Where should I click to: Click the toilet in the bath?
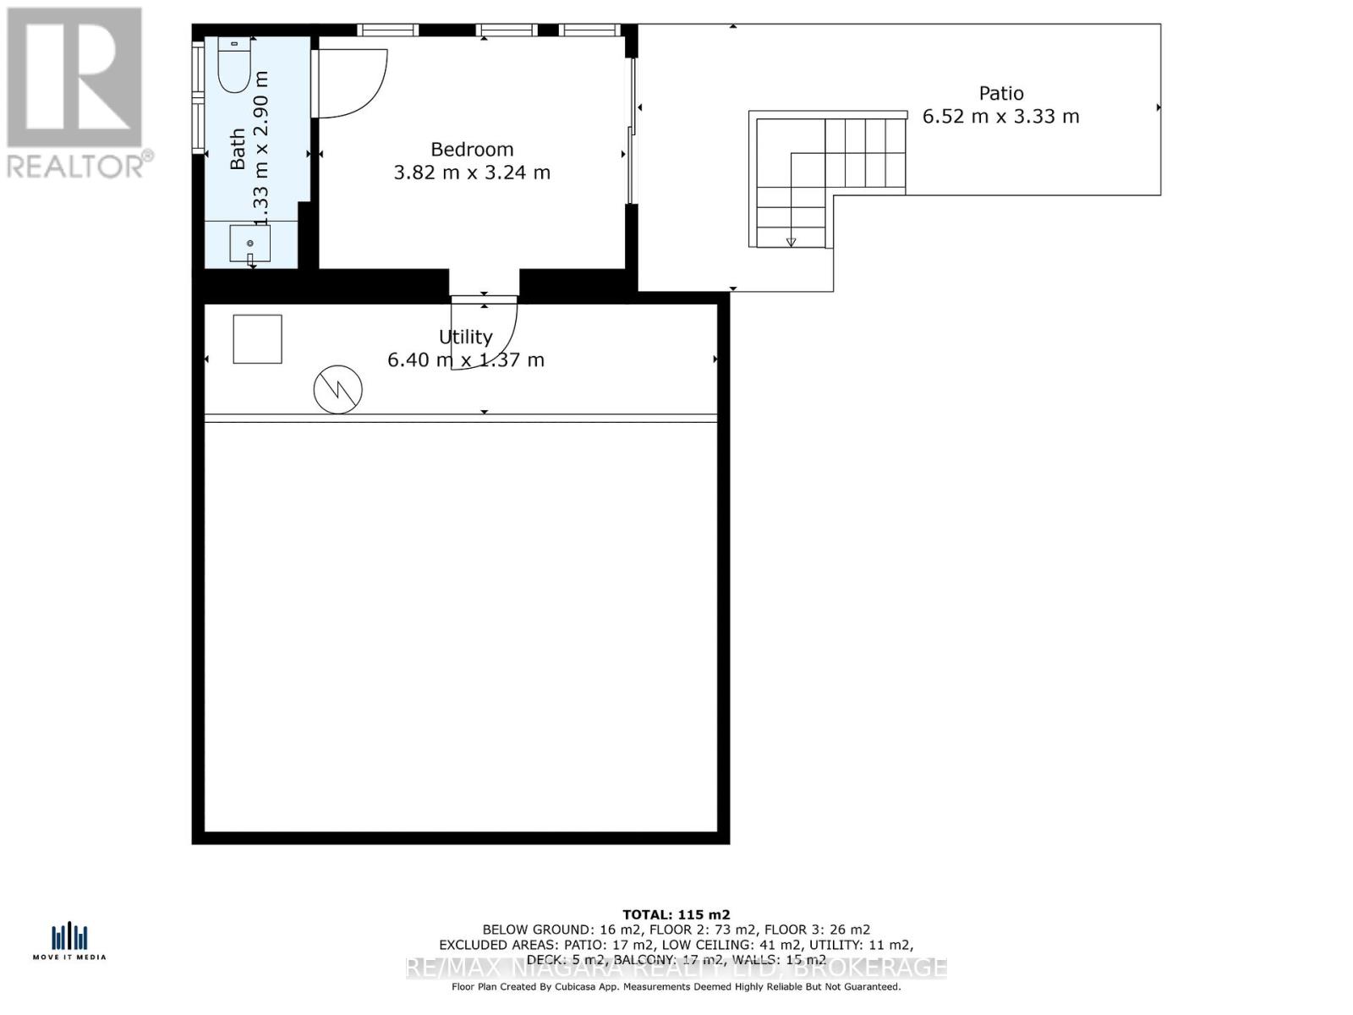click(x=234, y=65)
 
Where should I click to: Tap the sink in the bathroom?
click(x=250, y=244)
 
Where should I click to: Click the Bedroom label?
click(x=472, y=150)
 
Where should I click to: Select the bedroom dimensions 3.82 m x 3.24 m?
click(x=472, y=173)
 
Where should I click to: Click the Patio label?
click(x=1001, y=94)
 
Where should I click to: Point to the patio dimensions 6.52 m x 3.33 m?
click(x=1000, y=117)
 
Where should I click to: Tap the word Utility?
click(x=465, y=337)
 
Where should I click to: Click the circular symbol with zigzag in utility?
click(x=338, y=390)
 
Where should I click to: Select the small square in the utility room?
click(x=257, y=339)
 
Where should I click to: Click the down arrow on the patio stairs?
click(x=791, y=242)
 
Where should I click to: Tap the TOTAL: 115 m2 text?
click(x=676, y=914)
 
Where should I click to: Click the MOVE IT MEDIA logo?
click(x=69, y=941)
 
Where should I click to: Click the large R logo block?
click(x=74, y=77)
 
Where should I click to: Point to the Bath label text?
click(x=238, y=148)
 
